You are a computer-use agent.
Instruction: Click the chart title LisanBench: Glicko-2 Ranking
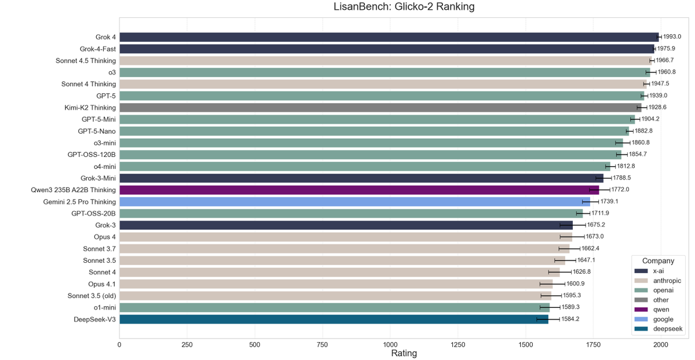point(404,8)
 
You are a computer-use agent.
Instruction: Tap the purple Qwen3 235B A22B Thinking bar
point(359,190)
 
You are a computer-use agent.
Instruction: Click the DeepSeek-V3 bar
point(334,319)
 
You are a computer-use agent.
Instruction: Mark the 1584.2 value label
point(570,319)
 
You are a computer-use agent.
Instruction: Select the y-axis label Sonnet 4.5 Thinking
point(86,61)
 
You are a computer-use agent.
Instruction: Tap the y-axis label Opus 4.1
point(102,284)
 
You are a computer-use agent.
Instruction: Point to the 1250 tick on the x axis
point(458,344)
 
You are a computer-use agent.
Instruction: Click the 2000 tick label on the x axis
point(661,344)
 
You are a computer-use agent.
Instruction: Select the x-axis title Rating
point(404,353)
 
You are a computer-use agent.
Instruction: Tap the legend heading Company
point(657,261)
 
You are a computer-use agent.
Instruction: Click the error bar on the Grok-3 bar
point(572,225)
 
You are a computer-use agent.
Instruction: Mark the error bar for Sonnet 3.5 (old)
point(551,295)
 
